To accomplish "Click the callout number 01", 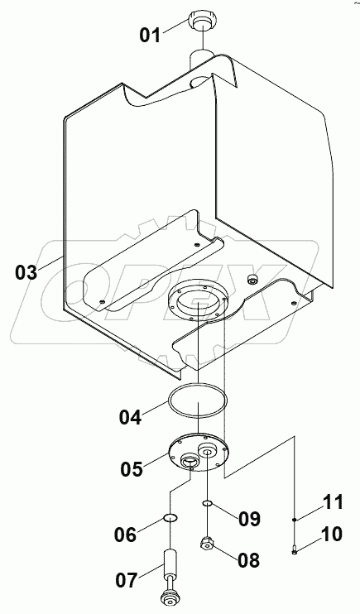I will pos(150,36).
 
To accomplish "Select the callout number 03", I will pos(26,272).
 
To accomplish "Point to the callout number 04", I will pos(131,417).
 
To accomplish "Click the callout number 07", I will pos(126,580).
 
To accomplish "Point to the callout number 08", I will pos(248,560).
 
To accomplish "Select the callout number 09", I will pos(249,519).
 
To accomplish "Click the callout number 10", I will pos(331,534).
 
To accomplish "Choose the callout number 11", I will pos(332,502).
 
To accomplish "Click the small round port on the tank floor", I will pos(250,278).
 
